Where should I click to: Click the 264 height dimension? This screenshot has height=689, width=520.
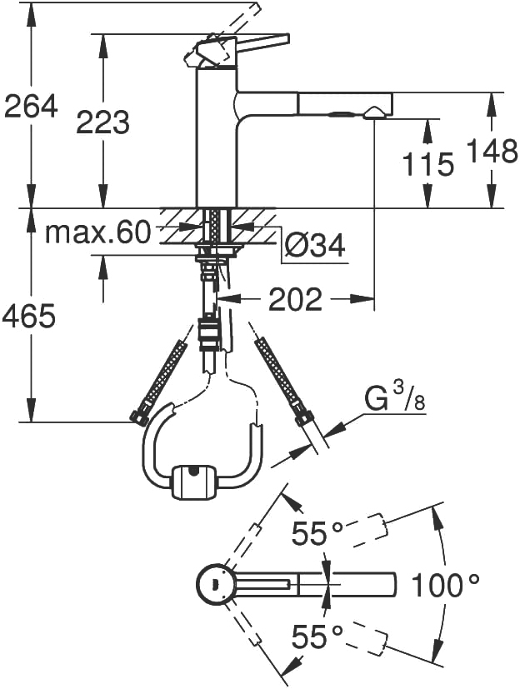coord(31,106)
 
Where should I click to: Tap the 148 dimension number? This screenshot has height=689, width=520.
coord(492,151)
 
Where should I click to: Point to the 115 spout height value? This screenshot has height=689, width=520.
coord(427,164)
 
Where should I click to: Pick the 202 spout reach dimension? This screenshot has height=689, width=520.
coord(295,300)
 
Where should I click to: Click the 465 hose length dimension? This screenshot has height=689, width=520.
coord(29,316)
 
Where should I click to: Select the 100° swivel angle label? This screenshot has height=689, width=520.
coord(445,586)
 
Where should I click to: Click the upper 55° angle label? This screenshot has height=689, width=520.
coord(317,533)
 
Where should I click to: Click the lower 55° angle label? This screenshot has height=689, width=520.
coord(317,637)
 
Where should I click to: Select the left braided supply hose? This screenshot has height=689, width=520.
coord(159,382)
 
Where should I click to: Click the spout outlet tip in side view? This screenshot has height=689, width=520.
coord(374,114)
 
